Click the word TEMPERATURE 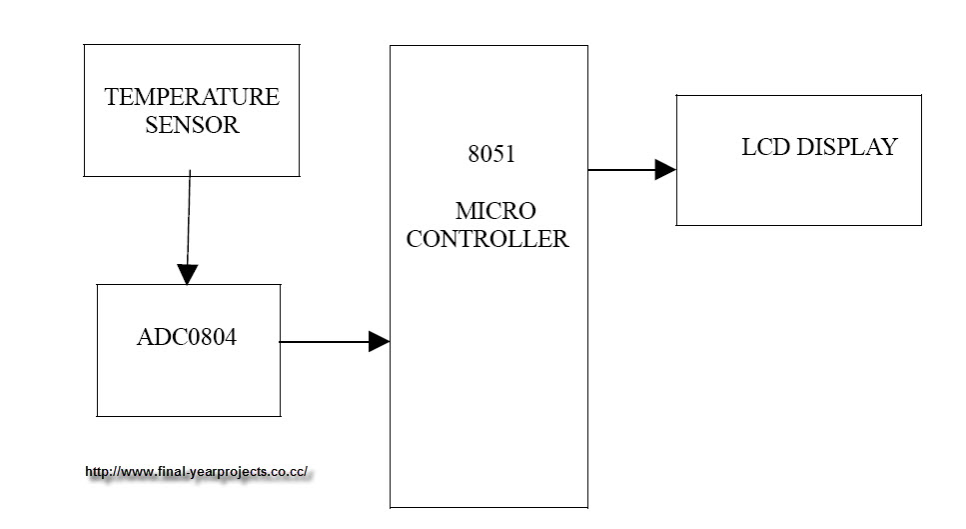point(192,98)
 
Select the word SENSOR point(192,126)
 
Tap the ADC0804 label point(187,337)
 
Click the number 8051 point(492,156)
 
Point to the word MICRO point(495,212)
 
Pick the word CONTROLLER point(487,240)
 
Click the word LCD point(766,148)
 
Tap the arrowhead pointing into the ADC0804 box point(187,274)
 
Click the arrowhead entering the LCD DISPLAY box point(665,170)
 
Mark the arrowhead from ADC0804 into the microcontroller point(379,342)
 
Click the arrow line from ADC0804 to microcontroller point(325,342)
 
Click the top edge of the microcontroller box point(488,45)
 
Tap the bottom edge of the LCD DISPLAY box point(799,225)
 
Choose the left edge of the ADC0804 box point(97,350)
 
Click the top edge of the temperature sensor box point(192,44)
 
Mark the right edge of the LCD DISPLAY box point(921,160)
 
